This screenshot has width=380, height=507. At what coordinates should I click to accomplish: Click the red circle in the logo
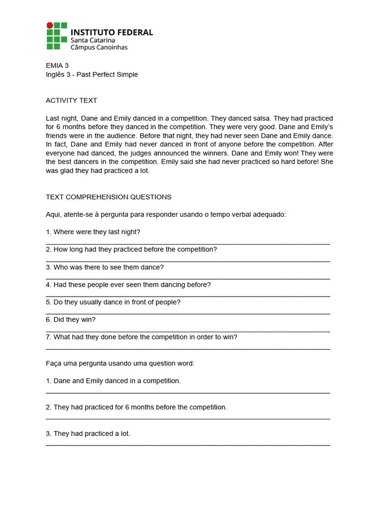tap(49, 25)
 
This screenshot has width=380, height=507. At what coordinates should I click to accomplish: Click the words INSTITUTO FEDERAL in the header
tap(112, 32)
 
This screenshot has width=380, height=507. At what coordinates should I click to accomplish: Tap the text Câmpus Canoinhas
tap(99, 48)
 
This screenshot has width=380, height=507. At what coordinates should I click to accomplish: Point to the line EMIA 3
tap(57, 65)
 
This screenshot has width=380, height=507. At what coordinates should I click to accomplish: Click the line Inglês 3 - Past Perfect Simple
tap(92, 75)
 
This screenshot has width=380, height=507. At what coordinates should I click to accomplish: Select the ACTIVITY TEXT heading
tap(71, 101)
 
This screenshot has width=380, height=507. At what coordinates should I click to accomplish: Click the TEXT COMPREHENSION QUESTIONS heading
tap(108, 197)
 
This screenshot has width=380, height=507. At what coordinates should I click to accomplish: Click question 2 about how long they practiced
tap(131, 250)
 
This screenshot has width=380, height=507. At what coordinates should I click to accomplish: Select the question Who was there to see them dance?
tap(104, 267)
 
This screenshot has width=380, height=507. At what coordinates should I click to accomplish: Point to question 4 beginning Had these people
tap(128, 285)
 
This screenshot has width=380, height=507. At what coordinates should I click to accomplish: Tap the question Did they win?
tap(71, 320)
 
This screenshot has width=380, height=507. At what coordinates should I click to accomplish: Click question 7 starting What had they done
tap(142, 337)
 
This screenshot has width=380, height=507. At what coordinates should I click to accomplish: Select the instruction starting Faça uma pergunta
tap(120, 363)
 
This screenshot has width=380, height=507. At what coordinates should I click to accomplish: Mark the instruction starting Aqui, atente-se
tap(166, 214)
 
